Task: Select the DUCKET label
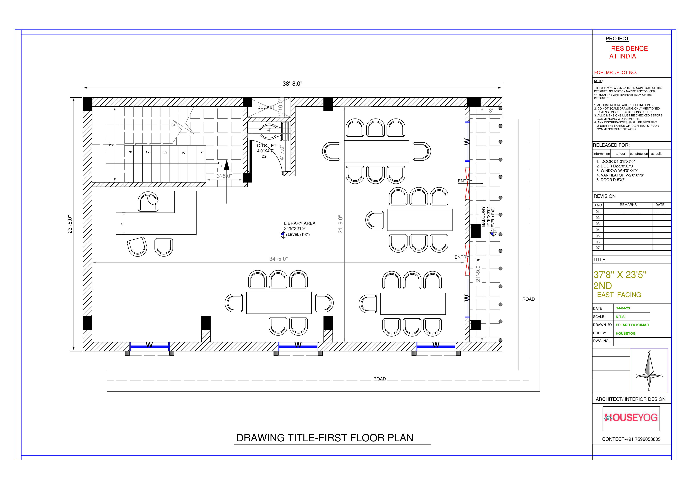point(266,107)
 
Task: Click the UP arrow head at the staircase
point(227,166)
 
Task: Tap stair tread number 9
point(130,152)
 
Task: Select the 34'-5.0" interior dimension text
point(278,259)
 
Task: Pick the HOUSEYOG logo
point(631,418)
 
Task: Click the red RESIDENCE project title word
point(629,49)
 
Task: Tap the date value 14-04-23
point(623,308)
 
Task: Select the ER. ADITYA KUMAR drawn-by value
point(632,325)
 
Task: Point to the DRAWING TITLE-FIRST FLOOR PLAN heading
point(325,438)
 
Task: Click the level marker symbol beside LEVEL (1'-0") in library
point(283,235)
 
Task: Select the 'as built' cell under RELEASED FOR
point(656,154)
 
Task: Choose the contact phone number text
point(631,439)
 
